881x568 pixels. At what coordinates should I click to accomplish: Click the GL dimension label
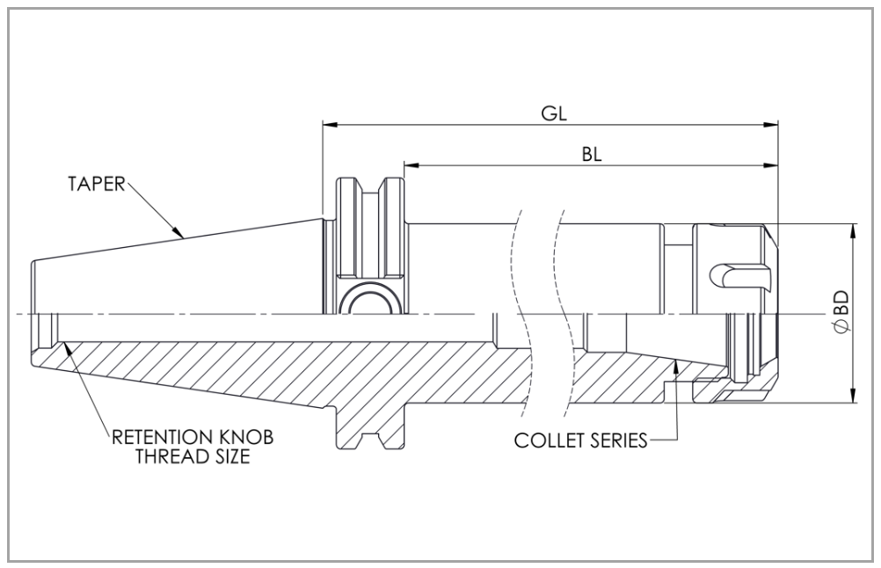click(552, 113)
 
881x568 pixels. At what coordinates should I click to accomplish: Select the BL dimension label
click(591, 153)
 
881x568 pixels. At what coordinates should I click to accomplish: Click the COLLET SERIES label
click(580, 439)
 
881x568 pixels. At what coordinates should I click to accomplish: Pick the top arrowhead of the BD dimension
click(853, 229)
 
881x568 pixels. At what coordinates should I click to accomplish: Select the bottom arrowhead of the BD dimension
click(853, 399)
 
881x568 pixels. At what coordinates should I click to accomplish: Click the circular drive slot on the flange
click(368, 303)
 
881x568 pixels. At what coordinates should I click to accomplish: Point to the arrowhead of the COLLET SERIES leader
click(674, 362)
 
